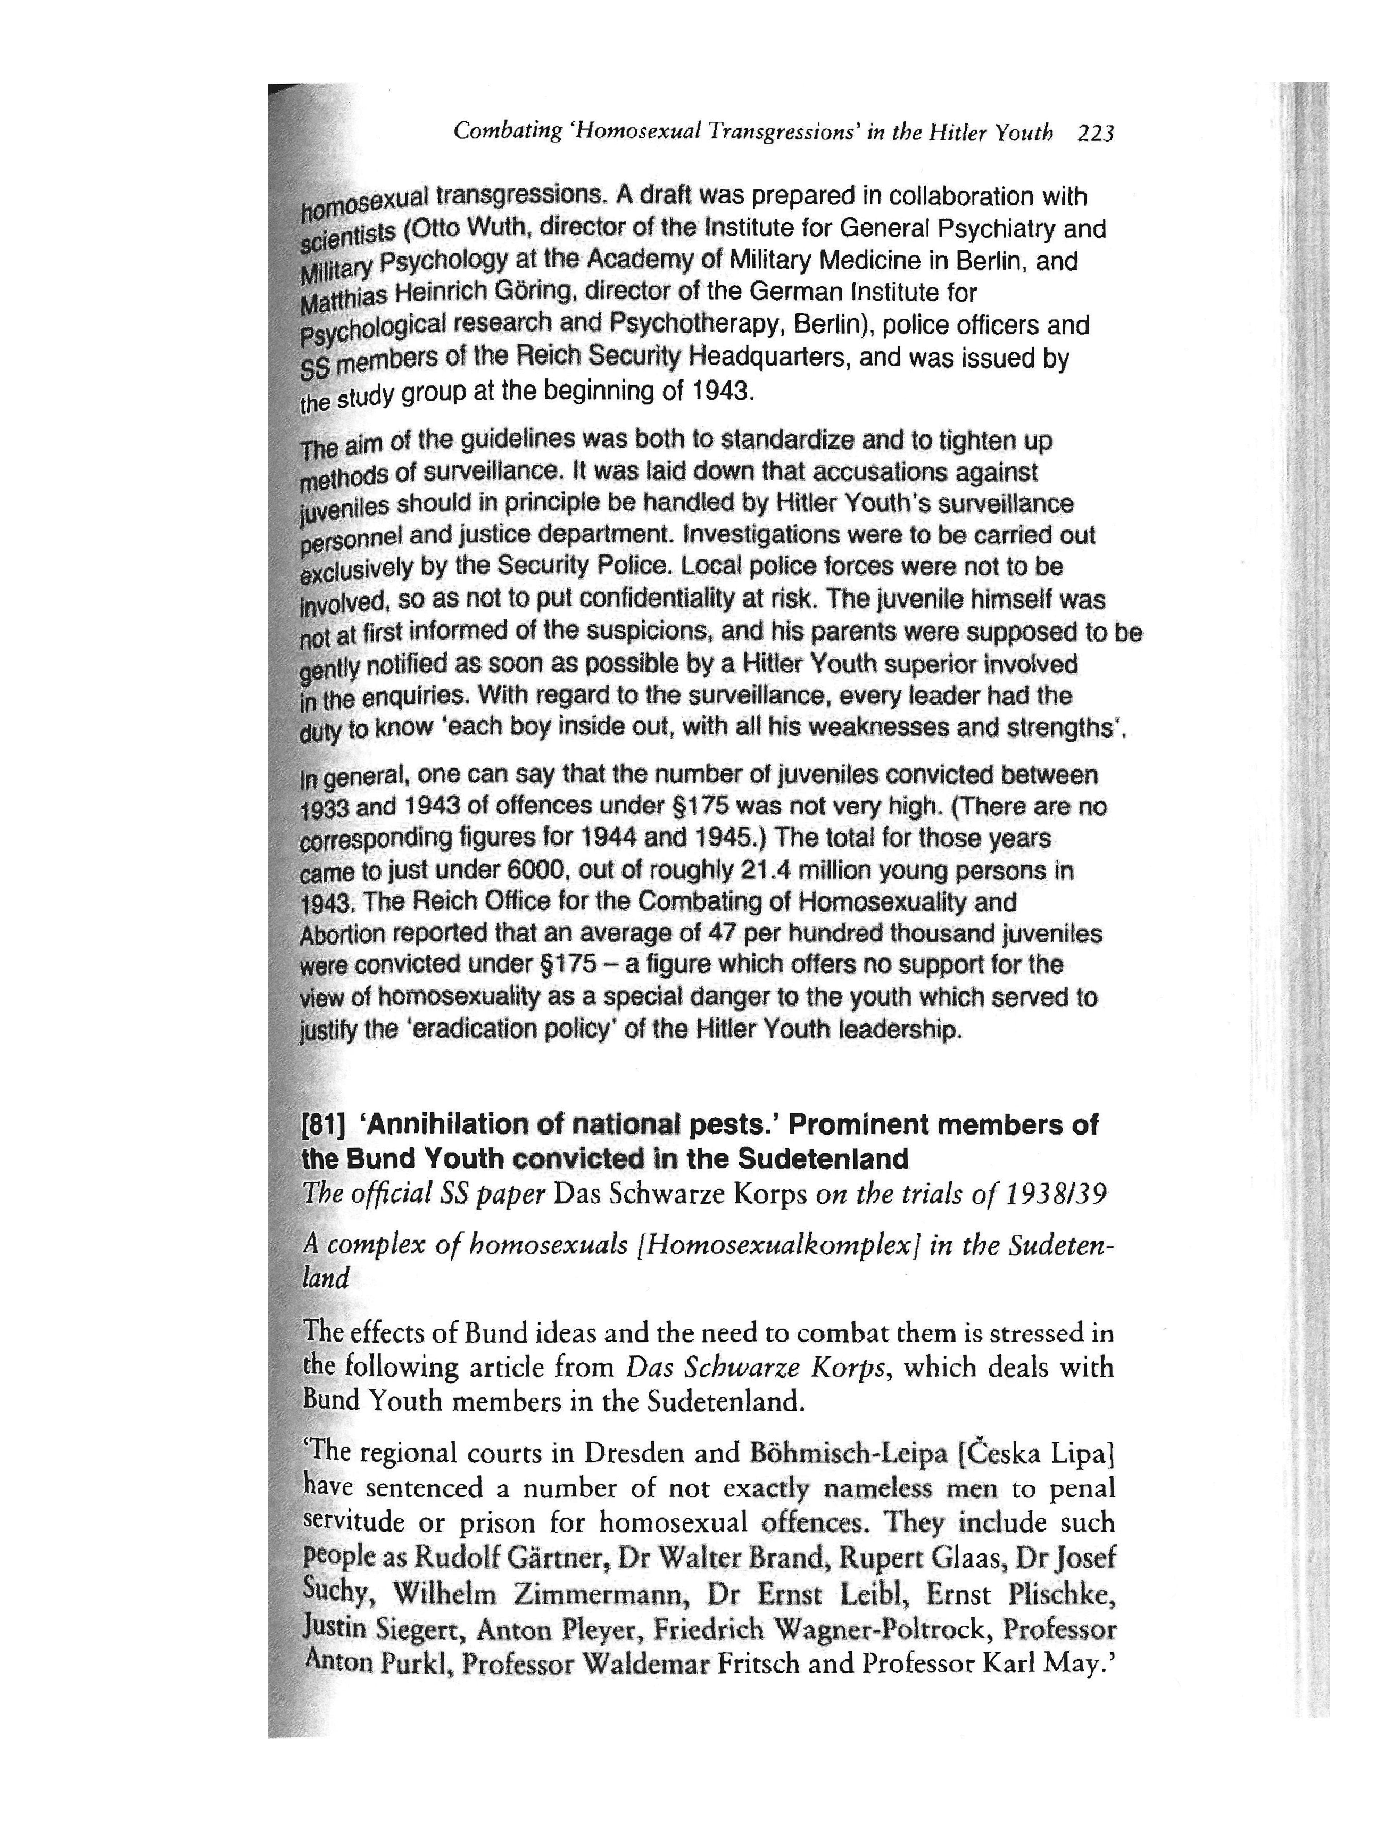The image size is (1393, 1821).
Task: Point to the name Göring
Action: tap(536, 292)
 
